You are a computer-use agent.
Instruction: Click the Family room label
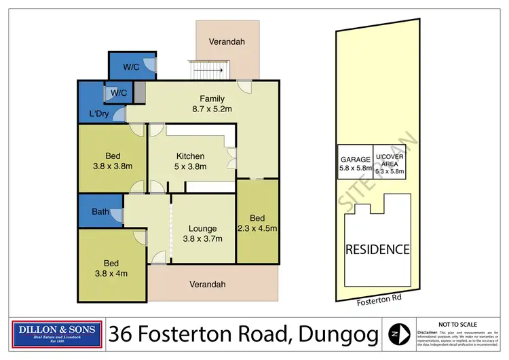point(212,103)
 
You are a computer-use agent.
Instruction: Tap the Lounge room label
point(202,234)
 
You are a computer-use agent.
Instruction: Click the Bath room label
point(100,212)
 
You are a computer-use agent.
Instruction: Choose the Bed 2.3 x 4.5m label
point(257,223)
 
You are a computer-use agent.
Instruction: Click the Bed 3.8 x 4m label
point(111,268)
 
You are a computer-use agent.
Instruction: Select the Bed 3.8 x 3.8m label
point(112,159)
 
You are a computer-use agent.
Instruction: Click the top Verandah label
point(227,42)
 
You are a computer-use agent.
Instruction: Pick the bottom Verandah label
point(207,285)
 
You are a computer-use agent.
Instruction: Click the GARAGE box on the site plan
point(355,164)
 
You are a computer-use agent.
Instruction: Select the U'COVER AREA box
point(390,164)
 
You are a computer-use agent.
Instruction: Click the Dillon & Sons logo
point(58,334)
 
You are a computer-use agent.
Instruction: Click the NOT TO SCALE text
point(459,325)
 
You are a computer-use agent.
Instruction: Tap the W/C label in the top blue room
point(132,67)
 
